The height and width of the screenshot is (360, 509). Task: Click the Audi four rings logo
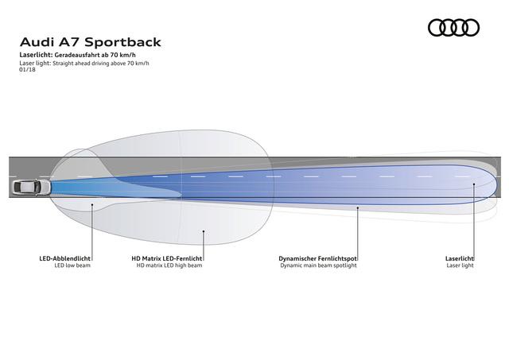click(453, 28)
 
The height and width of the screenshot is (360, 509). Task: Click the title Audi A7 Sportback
click(91, 42)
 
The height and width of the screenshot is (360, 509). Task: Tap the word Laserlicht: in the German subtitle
click(36, 55)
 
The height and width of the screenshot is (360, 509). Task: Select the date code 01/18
click(27, 69)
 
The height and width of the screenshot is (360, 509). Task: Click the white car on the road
click(32, 187)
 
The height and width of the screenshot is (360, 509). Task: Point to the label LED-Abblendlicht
click(65, 258)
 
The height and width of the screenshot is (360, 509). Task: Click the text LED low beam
click(72, 265)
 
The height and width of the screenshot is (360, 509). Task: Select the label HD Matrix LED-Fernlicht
click(167, 258)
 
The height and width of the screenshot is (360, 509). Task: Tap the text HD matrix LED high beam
click(169, 265)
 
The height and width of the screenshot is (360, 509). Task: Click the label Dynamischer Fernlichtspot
click(318, 258)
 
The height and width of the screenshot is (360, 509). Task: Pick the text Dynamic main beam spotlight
click(318, 265)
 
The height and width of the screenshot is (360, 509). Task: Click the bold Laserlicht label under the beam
click(460, 258)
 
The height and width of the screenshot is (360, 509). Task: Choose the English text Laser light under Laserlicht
click(460, 265)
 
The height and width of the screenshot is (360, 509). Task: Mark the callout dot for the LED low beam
click(92, 205)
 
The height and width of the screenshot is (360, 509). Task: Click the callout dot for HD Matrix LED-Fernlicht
click(204, 231)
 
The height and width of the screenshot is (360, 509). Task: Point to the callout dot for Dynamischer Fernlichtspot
click(358, 207)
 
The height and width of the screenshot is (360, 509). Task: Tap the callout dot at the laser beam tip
click(474, 184)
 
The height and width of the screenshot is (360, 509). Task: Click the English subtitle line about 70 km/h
click(84, 64)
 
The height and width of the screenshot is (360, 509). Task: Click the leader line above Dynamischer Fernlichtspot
click(358, 234)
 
